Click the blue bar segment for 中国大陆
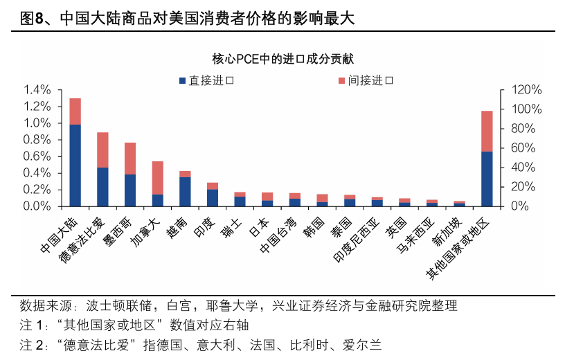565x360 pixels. [x=75, y=165]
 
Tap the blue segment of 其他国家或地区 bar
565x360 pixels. [x=487, y=179]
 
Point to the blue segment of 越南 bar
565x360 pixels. [x=185, y=192]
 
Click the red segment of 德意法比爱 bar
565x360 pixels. [x=102, y=150]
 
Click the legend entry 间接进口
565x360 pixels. [x=366, y=80]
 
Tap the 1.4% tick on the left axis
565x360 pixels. [x=37, y=90]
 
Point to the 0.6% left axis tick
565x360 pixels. [x=37, y=156]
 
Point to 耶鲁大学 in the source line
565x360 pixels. [x=235, y=305]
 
